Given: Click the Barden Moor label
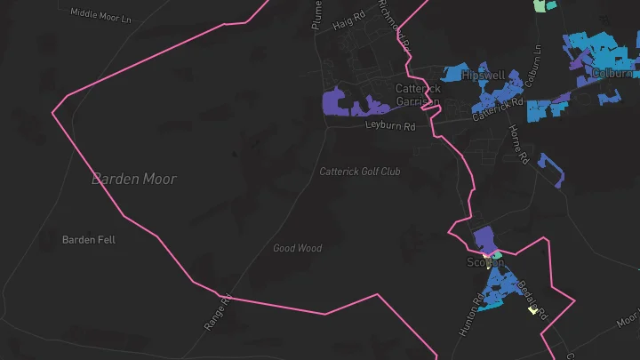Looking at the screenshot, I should pyautogui.click(x=134, y=179).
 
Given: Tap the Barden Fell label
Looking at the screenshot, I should pyautogui.click(x=89, y=240).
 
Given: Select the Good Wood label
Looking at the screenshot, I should pyautogui.click(x=297, y=248).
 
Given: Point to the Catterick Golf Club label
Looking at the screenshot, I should pyautogui.click(x=360, y=171).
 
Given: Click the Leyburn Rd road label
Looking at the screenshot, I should pyautogui.click(x=390, y=127).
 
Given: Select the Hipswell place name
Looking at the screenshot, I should pyautogui.click(x=483, y=76).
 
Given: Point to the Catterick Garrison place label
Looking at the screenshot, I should pyautogui.click(x=418, y=95).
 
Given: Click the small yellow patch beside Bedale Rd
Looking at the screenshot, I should pyautogui.click(x=533, y=309).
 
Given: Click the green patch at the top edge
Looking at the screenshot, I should pyautogui.click(x=539, y=5).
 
